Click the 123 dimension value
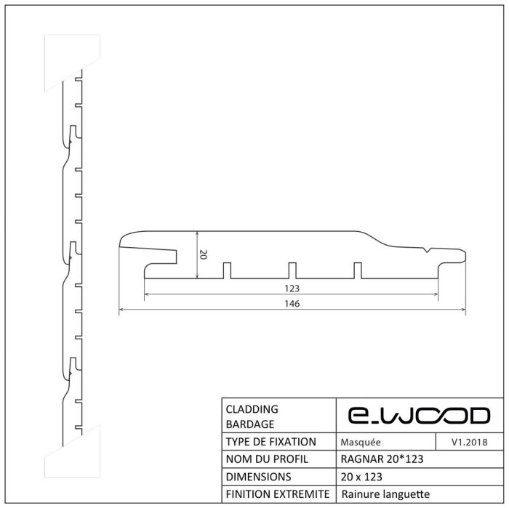(292, 289)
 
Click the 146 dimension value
(292, 304)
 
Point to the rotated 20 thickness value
(203, 254)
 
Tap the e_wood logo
(419, 416)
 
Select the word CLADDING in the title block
(252, 409)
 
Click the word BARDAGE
(250, 424)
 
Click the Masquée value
(361, 442)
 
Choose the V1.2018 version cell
(470, 442)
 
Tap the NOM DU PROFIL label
(267, 459)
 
